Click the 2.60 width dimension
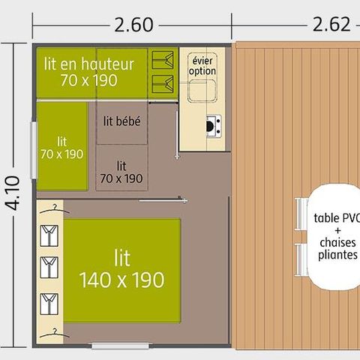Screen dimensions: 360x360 [x=133, y=25]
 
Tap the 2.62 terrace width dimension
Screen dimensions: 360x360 [x=331, y=24]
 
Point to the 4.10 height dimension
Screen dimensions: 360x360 [x=13, y=193]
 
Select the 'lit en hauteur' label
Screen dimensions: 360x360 [x=89, y=64]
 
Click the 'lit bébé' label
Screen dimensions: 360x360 [x=122, y=121]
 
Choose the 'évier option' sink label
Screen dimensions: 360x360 [x=202, y=66]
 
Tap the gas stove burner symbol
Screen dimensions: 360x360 [x=214, y=126]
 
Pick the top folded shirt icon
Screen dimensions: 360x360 [x=49, y=235]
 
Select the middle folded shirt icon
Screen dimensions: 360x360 [x=49, y=268]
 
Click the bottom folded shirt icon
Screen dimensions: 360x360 [x=49, y=304]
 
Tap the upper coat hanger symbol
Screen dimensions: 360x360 [x=55, y=209]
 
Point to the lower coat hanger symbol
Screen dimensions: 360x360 [x=55, y=334]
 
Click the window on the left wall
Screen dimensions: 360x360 [x=33, y=150]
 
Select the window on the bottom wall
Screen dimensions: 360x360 [x=120, y=346]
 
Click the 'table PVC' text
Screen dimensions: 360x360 [x=337, y=218]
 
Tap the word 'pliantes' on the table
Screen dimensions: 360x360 [x=337, y=255]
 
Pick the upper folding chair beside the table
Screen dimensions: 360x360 [x=301, y=214]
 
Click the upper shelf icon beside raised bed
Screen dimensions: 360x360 [x=163, y=60]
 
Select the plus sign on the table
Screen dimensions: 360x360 [x=337, y=230]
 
